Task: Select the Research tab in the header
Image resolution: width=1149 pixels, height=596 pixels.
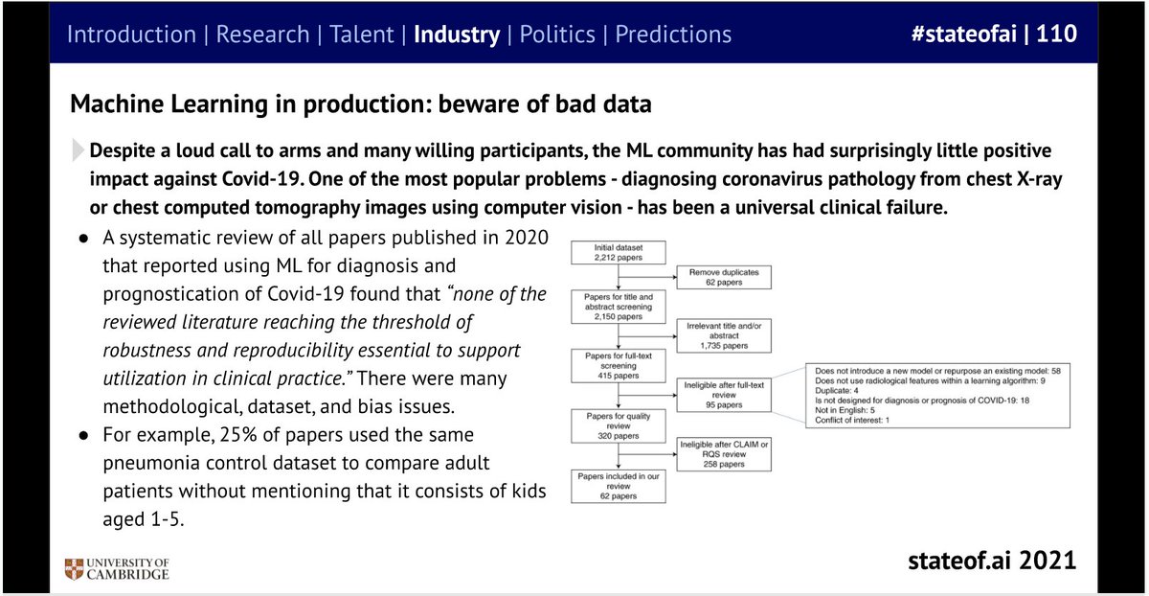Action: [x=262, y=35]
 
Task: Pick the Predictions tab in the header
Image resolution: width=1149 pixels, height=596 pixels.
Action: [x=673, y=35]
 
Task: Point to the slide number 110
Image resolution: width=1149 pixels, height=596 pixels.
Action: [x=1055, y=34]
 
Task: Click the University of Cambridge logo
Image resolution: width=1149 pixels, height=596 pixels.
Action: [x=116, y=568]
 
